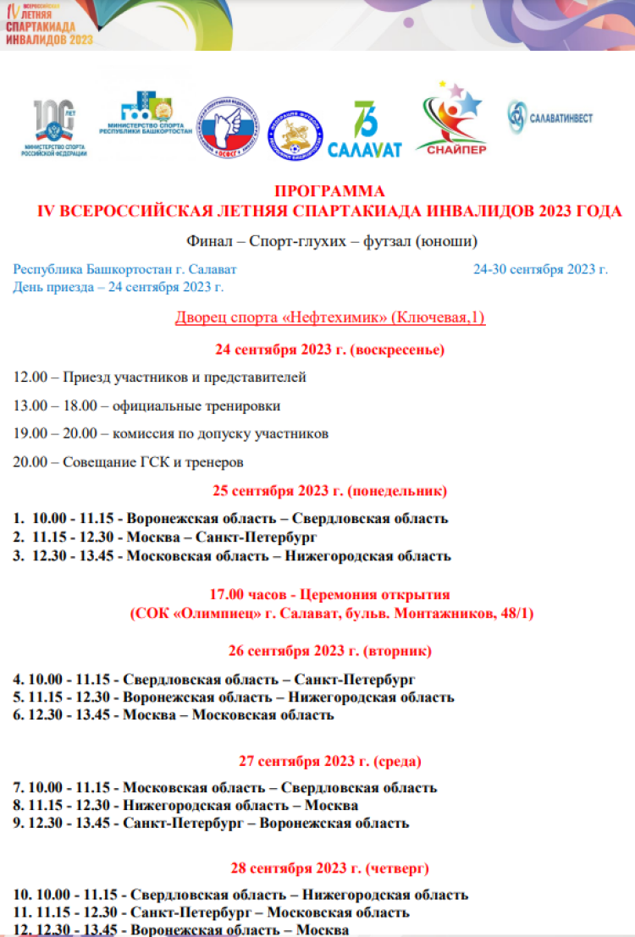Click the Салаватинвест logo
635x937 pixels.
click(x=549, y=118)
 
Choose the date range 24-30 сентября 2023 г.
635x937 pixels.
click(x=540, y=269)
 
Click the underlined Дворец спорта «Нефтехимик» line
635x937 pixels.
click(x=329, y=317)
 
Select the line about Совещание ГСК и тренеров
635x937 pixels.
click(x=129, y=462)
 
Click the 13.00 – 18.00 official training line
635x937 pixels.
click(x=146, y=405)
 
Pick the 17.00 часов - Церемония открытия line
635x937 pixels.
click(x=329, y=594)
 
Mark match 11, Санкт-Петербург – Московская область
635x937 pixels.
click(x=212, y=912)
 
